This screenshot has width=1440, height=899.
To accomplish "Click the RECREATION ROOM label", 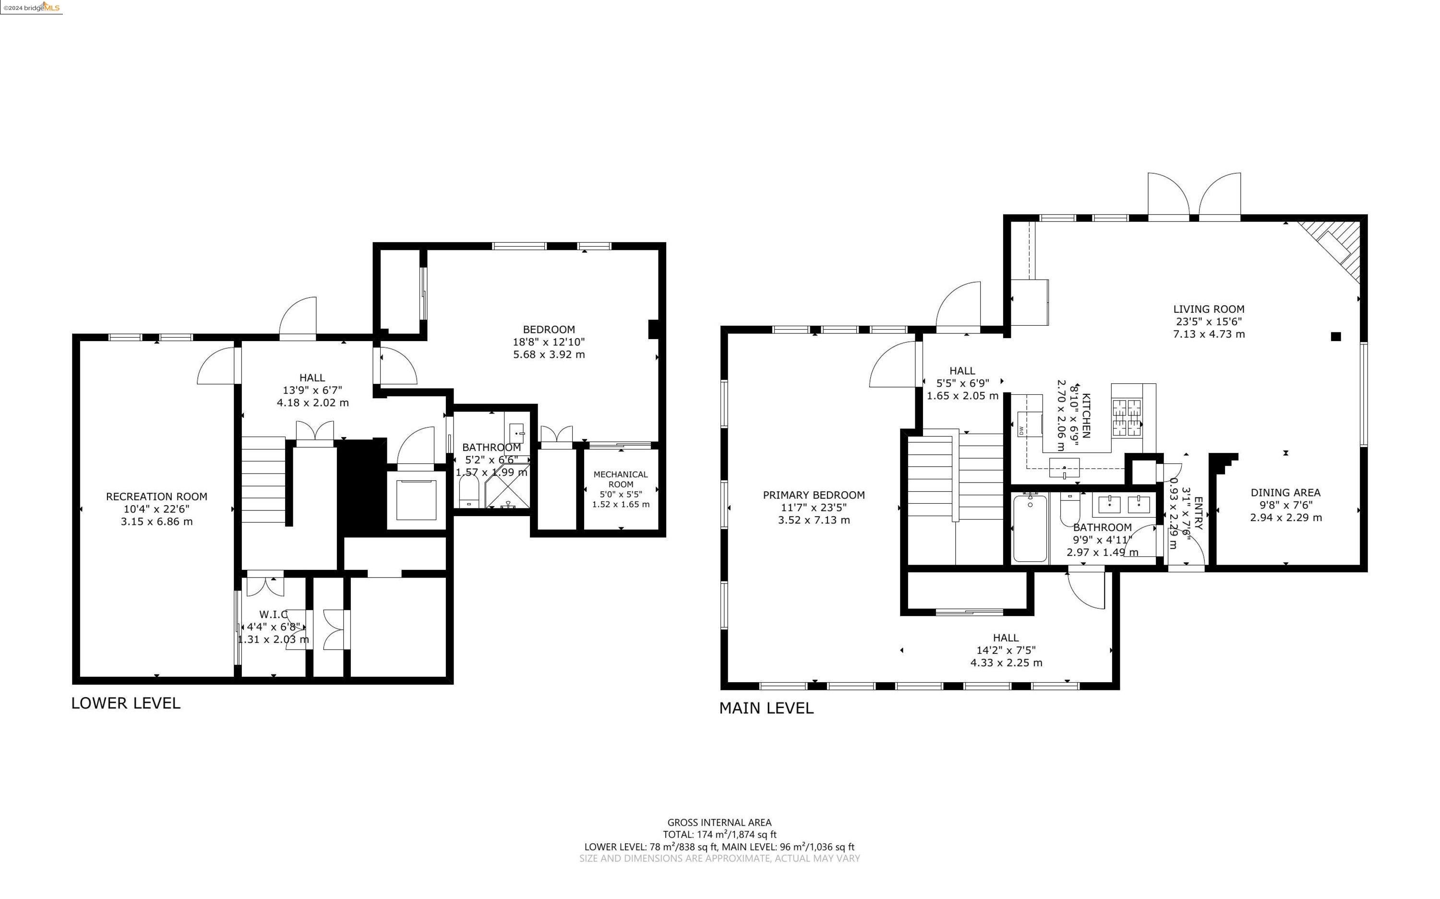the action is (156, 497).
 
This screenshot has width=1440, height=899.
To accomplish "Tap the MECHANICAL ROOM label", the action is (620, 479).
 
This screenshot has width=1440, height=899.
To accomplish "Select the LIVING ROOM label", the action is (1209, 309).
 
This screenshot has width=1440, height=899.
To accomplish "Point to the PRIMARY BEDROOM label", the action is (814, 495).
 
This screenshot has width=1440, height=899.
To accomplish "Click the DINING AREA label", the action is (1285, 492).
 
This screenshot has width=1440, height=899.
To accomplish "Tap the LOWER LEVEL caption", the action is (125, 703).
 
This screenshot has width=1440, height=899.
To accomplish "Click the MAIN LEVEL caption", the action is (766, 708).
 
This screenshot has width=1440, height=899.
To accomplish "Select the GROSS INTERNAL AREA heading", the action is (719, 823).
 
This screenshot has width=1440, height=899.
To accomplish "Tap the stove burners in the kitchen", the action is (1127, 418).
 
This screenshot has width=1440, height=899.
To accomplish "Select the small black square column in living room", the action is (1336, 337).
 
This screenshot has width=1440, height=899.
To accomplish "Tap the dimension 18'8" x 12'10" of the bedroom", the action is (549, 342).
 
